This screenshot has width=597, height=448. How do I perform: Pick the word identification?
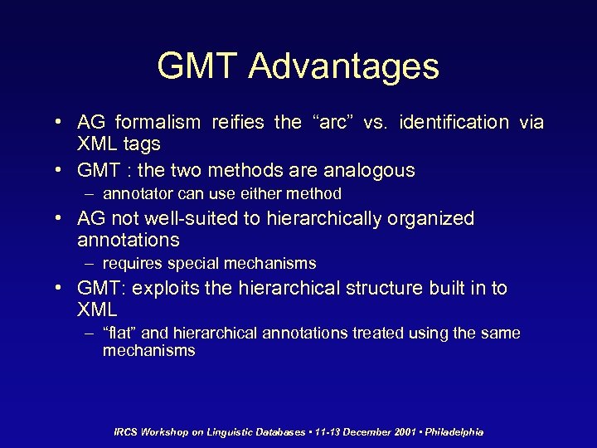(x=454, y=123)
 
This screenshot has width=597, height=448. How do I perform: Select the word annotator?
(x=137, y=194)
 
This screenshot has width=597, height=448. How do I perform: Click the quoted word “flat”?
(x=120, y=334)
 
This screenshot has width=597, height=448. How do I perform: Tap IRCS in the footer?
(x=126, y=432)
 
